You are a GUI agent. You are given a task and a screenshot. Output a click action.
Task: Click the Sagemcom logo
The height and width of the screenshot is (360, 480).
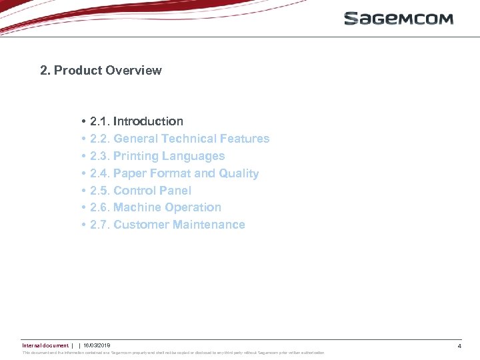point(399,18)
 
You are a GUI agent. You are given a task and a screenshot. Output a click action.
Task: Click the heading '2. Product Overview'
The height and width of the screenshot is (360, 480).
point(101,71)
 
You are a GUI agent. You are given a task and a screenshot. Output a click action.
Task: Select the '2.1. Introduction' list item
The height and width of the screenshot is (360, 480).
point(136,121)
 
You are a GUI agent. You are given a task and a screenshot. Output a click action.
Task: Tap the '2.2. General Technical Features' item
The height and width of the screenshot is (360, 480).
point(179,139)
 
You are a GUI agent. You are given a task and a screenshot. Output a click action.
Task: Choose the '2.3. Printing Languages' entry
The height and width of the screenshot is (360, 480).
point(157,156)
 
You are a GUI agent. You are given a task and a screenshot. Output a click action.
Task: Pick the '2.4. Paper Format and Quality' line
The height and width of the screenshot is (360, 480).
point(174,173)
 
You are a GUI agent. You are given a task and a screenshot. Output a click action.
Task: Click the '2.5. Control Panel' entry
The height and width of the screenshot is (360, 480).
point(140,191)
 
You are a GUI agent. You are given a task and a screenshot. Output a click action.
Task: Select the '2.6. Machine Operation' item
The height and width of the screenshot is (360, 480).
point(155,207)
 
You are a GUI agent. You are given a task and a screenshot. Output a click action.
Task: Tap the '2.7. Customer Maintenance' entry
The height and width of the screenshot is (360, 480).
point(167,225)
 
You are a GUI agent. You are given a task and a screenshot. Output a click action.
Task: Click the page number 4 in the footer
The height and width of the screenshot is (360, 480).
point(459,346)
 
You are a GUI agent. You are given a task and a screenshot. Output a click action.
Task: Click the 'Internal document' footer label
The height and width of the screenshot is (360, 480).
point(45,345)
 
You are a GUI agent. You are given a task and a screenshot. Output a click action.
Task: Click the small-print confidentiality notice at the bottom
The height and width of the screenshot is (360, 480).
point(173,353)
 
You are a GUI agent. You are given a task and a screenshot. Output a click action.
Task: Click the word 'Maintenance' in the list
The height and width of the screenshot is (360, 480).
point(209,225)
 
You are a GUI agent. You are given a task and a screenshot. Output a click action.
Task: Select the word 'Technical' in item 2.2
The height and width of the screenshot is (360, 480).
point(191,139)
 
